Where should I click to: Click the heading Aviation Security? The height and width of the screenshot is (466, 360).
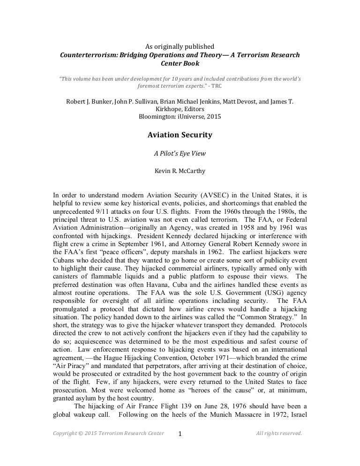tap(180, 135)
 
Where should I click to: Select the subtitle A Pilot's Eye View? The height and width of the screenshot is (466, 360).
tap(180, 152)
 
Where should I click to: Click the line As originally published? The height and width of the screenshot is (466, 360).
tap(180, 46)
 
